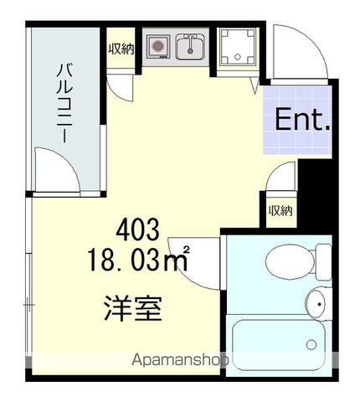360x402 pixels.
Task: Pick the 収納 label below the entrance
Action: tap(280, 209)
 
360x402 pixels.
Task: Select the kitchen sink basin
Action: tap(190, 47)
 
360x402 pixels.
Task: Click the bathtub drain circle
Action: tap(312, 344)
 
